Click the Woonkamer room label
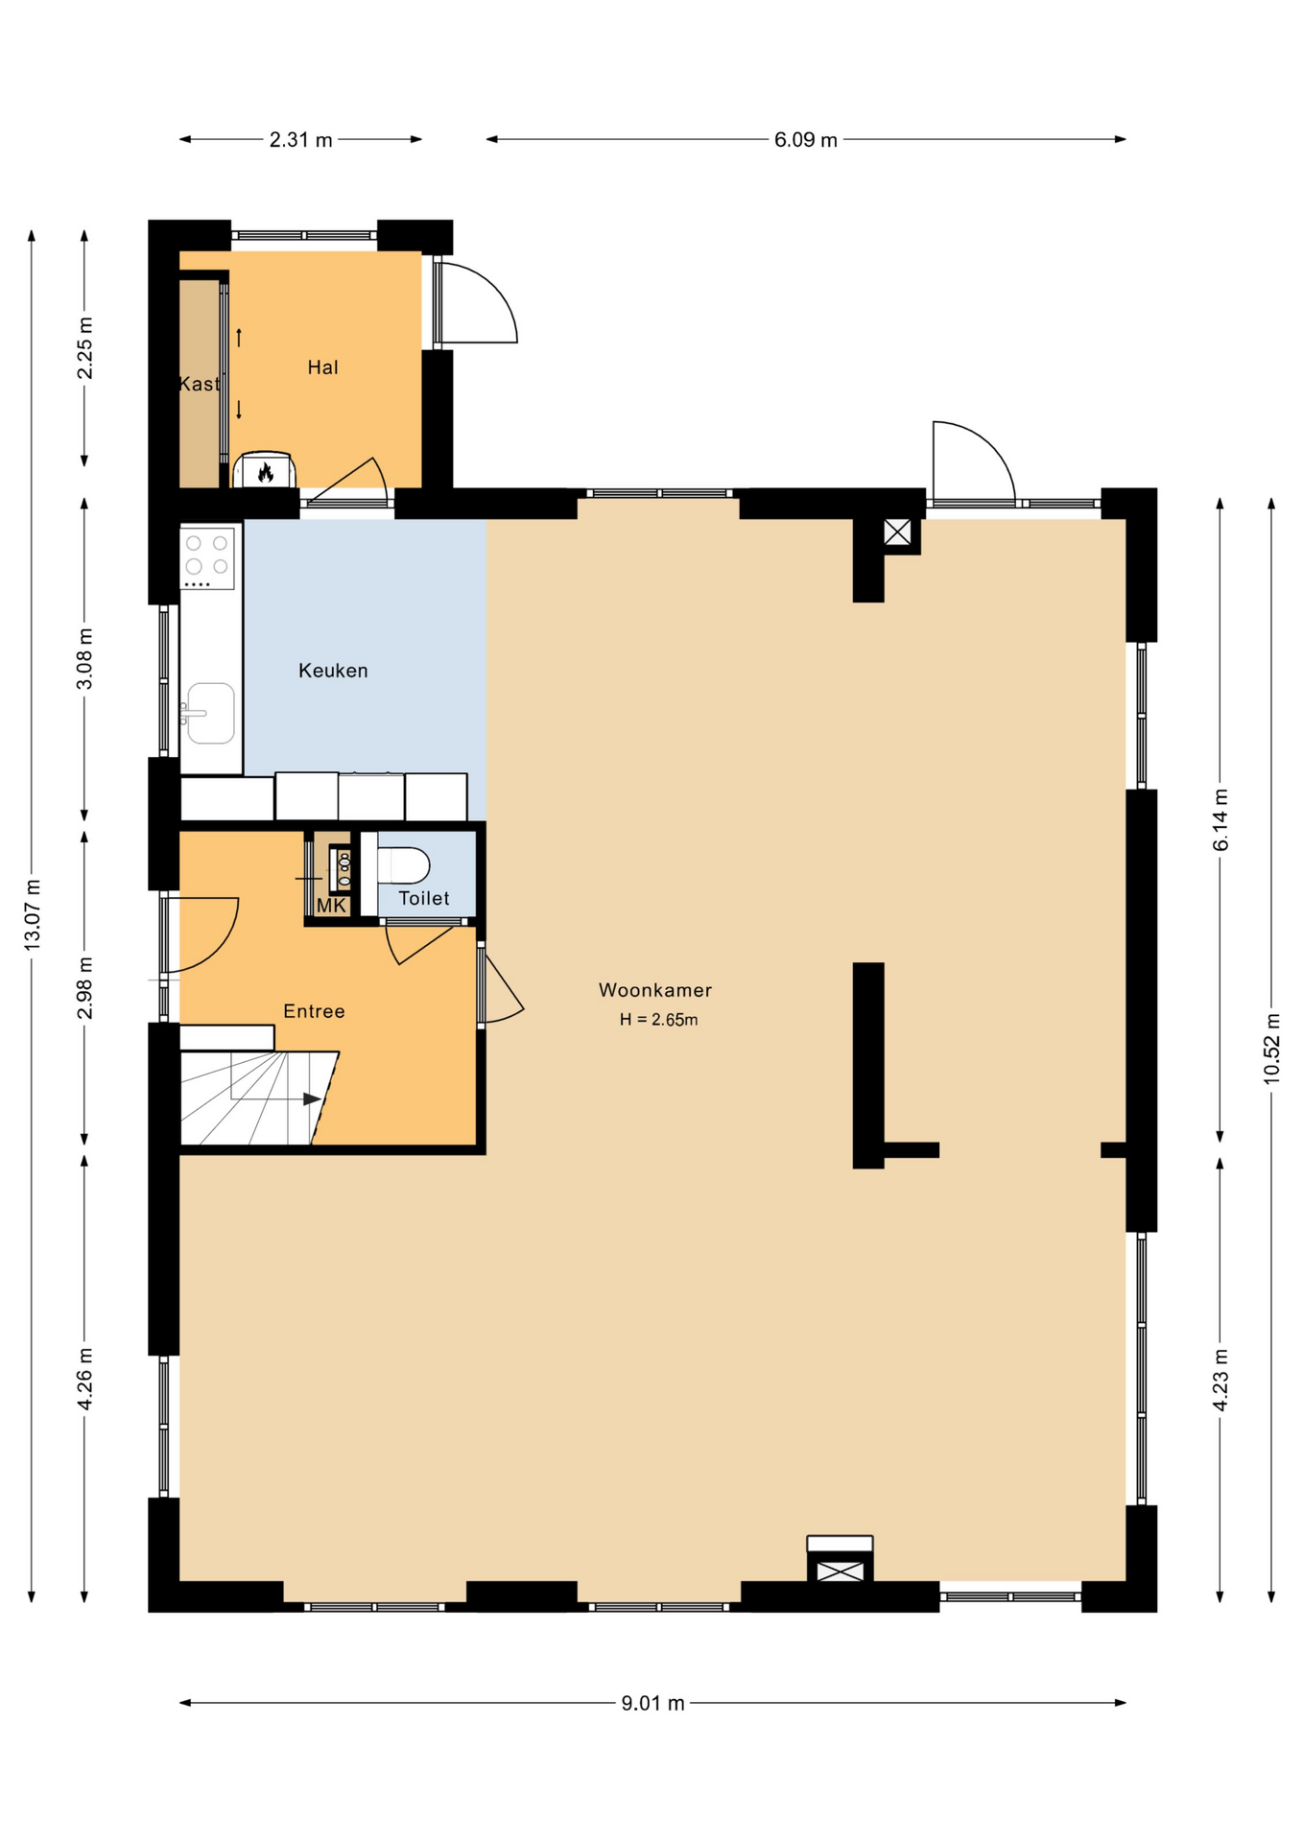pyautogui.click(x=654, y=989)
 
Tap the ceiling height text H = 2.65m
pyautogui.click(x=658, y=1019)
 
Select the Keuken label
pyautogui.click(x=333, y=670)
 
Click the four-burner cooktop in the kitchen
pyautogui.click(x=207, y=557)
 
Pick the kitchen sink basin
pyautogui.click(x=211, y=713)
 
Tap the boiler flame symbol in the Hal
pyautogui.click(x=266, y=471)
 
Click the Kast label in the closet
pyautogui.click(x=199, y=384)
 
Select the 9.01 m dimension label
pyautogui.click(x=652, y=1702)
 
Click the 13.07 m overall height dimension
pyautogui.click(x=32, y=914)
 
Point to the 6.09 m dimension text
pyautogui.click(x=805, y=139)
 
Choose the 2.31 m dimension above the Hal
pyautogui.click(x=300, y=139)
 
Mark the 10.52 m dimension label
pyautogui.click(x=1271, y=1048)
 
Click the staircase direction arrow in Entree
pyautogui.click(x=312, y=1098)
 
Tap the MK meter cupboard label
pyautogui.click(x=331, y=905)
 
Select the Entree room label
pyautogui.click(x=314, y=1010)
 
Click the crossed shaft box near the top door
pyautogui.click(x=897, y=531)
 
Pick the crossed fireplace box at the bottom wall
pyautogui.click(x=840, y=1570)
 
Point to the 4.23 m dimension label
pyautogui.click(x=1220, y=1380)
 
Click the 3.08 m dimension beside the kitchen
pyautogui.click(x=84, y=657)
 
